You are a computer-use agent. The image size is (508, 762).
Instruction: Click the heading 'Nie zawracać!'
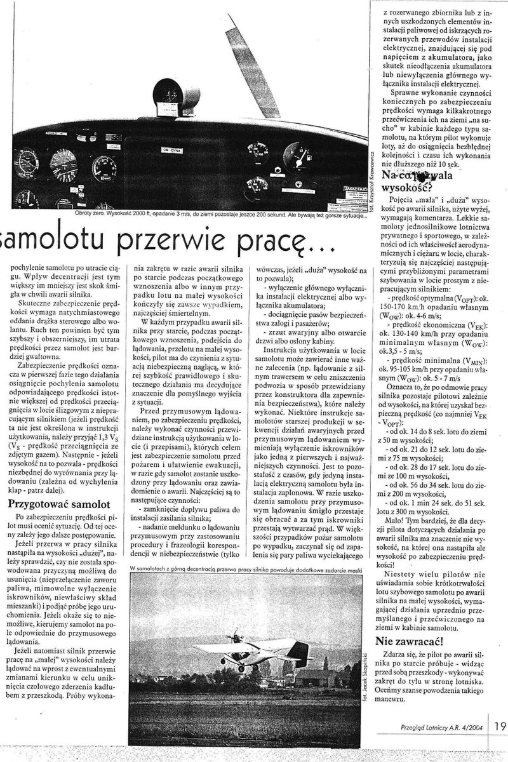pyautogui.click(x=410, y=639)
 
